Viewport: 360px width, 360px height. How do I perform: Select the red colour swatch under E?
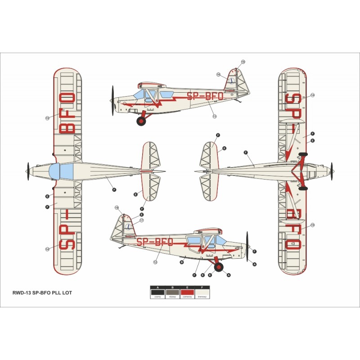(187, 293)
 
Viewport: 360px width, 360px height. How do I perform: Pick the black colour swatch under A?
(157, 293)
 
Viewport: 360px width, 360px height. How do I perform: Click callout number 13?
(215, 117)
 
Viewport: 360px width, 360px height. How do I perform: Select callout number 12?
(155, 262)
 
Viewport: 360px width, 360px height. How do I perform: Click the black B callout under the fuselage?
(182, 261)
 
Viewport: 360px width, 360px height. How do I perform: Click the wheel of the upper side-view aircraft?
(142, 121)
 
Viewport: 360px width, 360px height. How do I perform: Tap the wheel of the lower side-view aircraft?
(219, 267)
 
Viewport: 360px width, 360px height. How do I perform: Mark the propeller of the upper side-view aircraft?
(112, 100)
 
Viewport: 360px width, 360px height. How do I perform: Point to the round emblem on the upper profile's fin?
(231, 81)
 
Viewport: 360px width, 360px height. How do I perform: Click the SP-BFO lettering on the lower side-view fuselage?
(155, 242)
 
